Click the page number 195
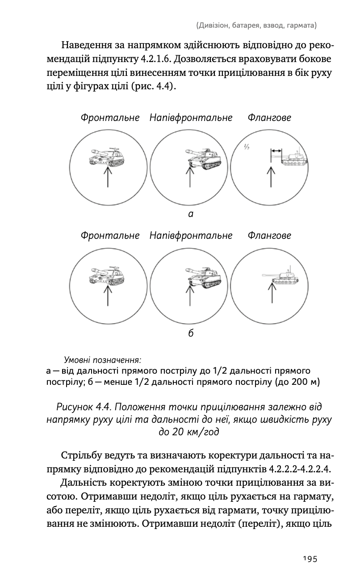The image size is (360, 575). [x=310, y=558]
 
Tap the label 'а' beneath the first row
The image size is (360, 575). [x=191, y=214]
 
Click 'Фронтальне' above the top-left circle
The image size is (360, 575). [x=110, y=118]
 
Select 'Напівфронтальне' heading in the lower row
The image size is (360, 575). [x=191, y=235]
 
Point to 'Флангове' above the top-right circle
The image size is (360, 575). [x=269, y=118]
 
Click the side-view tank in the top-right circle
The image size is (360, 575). [x=295, y=158]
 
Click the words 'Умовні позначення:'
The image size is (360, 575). [x=103, y=359]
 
